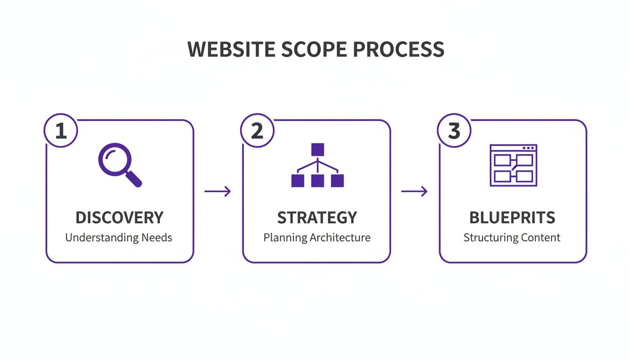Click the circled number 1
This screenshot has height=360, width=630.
click(61, 131)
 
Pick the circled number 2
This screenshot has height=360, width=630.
click(257, 131)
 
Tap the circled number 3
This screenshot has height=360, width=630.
click(454, 131)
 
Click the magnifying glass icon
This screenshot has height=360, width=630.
click(119, 165)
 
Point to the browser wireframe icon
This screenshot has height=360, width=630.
click(513, 165)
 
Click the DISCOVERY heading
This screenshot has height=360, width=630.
click(120, 217)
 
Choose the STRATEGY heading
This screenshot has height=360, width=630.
click(317, 217)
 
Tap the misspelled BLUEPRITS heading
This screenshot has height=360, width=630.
click(512, 217)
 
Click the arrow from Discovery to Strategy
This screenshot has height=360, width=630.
click(218, 191)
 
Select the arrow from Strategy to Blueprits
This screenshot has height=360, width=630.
click(414, 191)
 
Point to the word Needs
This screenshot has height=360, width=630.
click(157, 238)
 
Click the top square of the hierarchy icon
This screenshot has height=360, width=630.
click(318, 150)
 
